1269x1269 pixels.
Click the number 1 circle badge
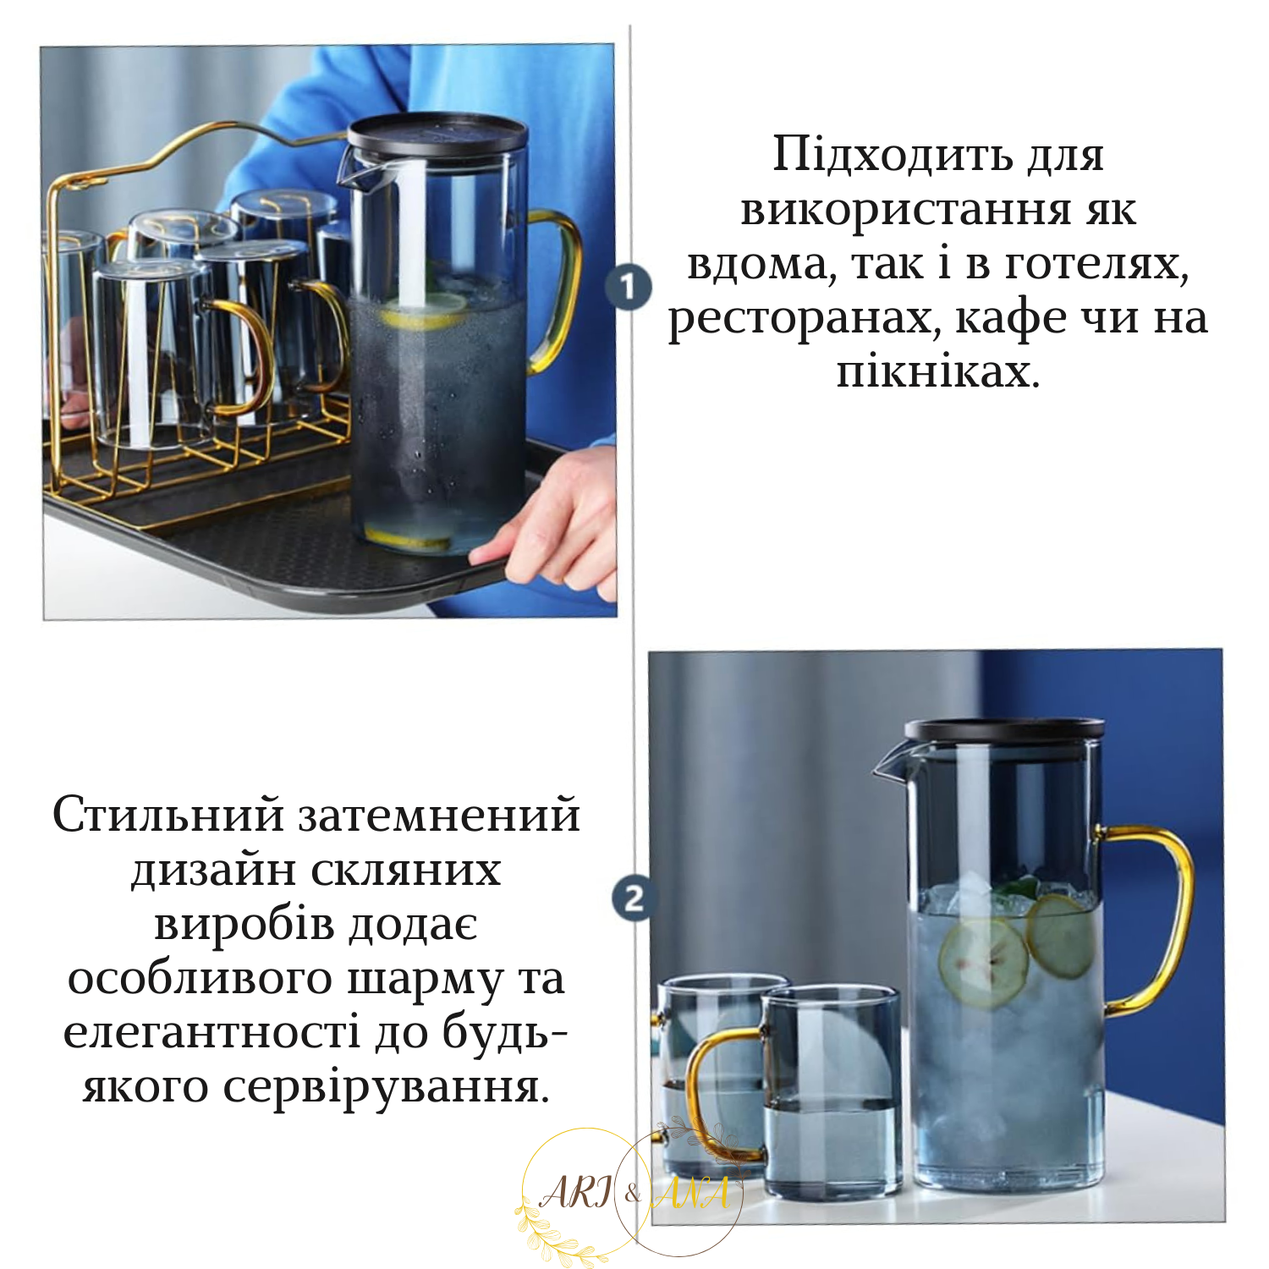coord(628,288)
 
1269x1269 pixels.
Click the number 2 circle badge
coord(634,898)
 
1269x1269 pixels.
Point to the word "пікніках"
coord(937,372)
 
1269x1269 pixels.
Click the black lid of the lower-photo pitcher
coord(1004,729)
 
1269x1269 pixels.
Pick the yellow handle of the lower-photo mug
coord(706,1091)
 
